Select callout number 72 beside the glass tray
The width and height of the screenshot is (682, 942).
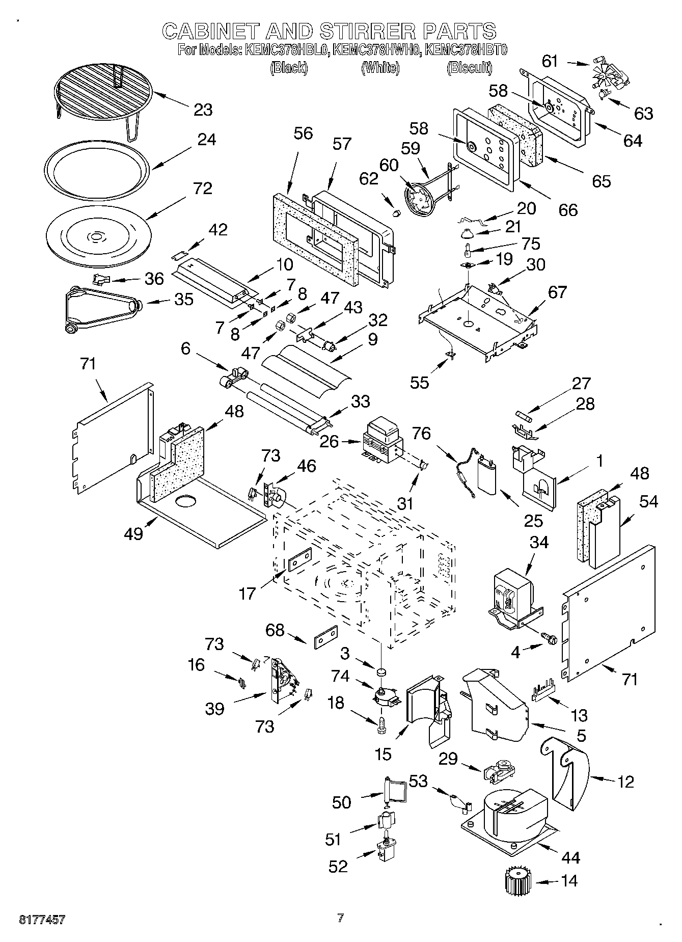[202, 189]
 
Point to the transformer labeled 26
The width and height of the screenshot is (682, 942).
[381, 439]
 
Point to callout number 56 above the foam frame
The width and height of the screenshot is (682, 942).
[303, 134]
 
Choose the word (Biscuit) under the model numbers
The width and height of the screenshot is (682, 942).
[469, 68]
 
